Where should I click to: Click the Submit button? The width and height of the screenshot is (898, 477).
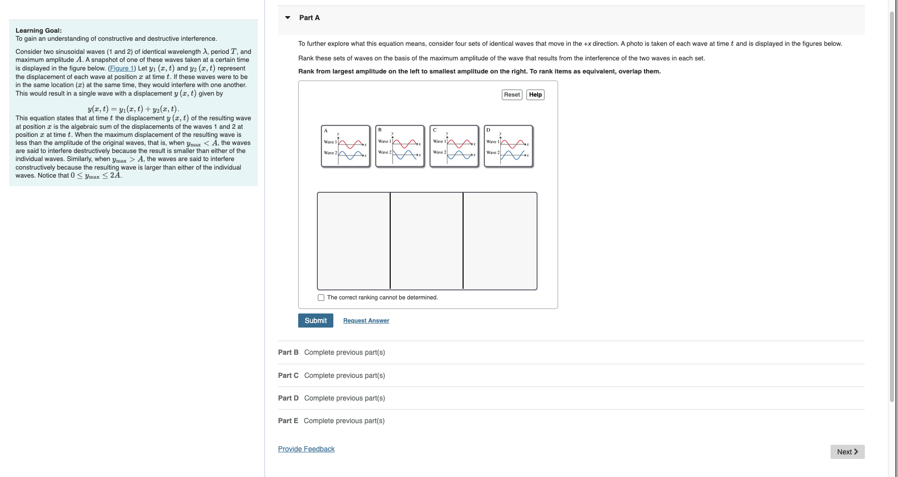coord(315,321)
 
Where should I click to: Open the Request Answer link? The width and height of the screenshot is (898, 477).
coord(366,321)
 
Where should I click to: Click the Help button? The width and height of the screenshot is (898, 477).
coord(535,95)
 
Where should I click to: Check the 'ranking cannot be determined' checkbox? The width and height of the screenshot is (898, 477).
coord(321,298)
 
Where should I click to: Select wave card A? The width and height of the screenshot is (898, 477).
coord(345,146)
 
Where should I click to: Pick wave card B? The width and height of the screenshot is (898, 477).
coord(400,146)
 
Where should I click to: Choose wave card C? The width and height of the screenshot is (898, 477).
coord(454,146)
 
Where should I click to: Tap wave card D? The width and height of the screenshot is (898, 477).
coord(508,146)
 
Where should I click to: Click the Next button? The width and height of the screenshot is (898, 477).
coord(847,452)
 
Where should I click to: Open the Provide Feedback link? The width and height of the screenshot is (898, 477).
coord(306,449)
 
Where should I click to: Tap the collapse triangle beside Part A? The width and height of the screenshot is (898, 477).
coord(288,18)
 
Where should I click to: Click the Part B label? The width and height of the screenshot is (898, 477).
coord(288,352)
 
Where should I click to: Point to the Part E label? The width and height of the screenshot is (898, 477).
coord(288,421)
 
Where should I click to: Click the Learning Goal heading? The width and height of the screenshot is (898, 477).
coord(39,31)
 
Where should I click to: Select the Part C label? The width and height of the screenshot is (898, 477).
coord(288,375)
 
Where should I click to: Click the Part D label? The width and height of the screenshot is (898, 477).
coord(288,398)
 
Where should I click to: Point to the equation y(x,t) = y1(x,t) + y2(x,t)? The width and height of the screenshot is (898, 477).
coord(133,109)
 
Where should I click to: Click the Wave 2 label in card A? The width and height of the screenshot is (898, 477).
coord(330,153)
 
